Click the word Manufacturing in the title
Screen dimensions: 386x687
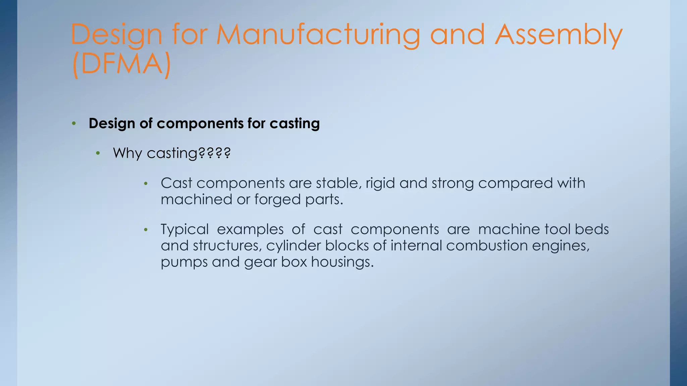[x=318, y=35]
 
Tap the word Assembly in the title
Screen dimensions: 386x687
[x=559, y=35]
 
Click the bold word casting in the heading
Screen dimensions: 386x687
[x=295, y=124]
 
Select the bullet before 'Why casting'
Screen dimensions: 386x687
[x=98, y=153]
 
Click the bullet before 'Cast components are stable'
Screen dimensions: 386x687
[x=146, y=184]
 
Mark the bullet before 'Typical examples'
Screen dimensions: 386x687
[x=146, y=230]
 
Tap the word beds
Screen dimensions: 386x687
[x=592, y=230]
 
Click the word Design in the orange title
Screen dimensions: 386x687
[x=116, y=35]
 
